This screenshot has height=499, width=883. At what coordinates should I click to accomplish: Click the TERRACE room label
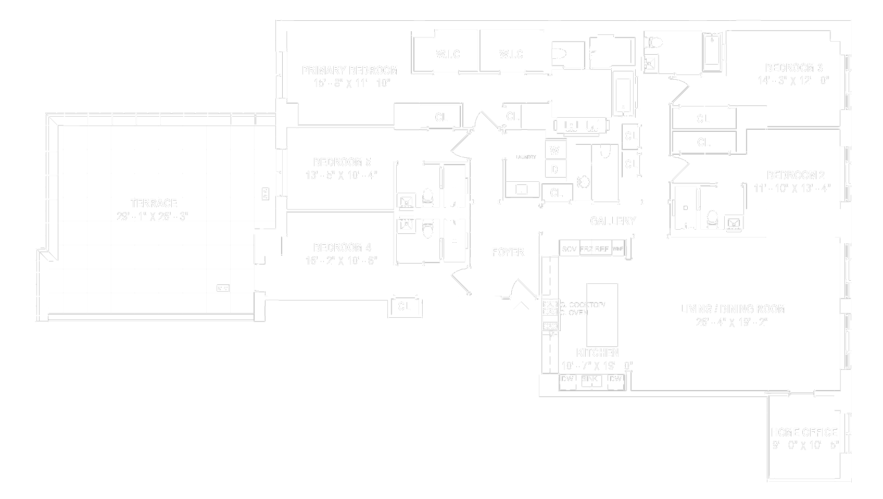(154, 203)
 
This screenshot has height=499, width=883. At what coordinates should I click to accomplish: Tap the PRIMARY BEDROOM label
(350, 70)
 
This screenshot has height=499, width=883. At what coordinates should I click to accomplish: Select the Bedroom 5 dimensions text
(342, 176)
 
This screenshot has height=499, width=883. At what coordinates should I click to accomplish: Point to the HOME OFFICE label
(804, 432)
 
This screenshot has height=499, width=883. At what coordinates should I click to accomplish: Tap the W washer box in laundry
(555, 151)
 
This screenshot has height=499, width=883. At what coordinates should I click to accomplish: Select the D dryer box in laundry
(555, 169)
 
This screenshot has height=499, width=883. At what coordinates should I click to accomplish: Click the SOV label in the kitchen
(569, 249)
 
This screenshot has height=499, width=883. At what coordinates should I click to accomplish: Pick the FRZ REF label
(594, 249)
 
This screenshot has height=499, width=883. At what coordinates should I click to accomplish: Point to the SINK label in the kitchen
(589, 379)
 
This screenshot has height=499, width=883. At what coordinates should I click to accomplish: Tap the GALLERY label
(613, 221)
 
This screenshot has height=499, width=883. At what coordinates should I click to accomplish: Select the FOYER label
(508, 253)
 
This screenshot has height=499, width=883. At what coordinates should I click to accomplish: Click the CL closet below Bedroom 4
(404, 307)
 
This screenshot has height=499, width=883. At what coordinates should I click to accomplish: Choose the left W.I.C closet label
(448, 54)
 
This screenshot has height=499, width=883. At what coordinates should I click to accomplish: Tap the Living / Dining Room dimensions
(732, 322)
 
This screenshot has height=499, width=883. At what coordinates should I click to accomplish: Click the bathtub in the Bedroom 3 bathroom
(712, 52)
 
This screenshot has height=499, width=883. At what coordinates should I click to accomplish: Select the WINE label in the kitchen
(618, 249)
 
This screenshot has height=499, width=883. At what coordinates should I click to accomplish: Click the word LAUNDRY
(526, 157)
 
